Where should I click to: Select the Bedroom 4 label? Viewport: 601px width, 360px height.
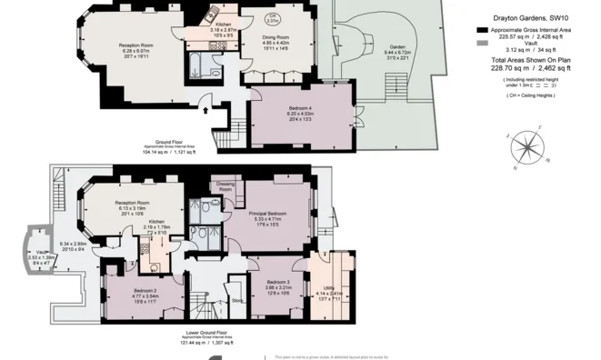[x=300, y=109]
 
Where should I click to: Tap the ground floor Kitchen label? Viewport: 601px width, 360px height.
[x=223, y=25]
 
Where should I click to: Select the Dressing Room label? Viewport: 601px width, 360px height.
[x=227, y=187]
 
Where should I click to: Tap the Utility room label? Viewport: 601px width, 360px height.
[x=328, y=263]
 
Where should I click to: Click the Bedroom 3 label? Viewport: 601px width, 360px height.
[x=270, y=259]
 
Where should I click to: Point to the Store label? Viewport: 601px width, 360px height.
[x=237, y=299]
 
